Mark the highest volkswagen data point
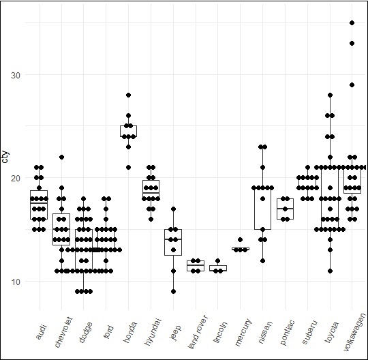click(x=352, y=23)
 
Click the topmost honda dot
click(x=128, y=95)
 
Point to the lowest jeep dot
click(x=173, y=291)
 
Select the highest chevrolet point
click(x=61, y=157)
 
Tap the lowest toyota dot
click(x=330, y=271)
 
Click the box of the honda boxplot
click(x=128, y=131)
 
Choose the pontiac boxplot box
click(x=285, y=208)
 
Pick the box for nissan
click(x=262, y=208)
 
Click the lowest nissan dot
click(x=262, y=260)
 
